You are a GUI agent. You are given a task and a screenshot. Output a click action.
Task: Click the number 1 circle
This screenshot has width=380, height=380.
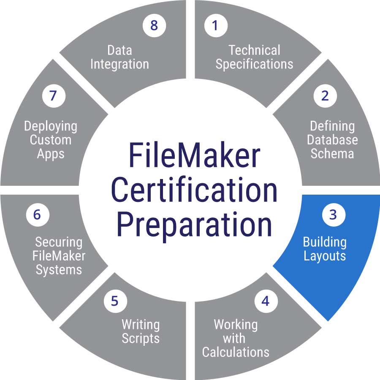[215, 25]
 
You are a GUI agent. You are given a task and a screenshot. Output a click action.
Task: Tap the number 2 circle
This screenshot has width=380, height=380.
[325, 96]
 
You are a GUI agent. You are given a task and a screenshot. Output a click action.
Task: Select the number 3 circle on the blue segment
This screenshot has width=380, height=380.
[333, 214]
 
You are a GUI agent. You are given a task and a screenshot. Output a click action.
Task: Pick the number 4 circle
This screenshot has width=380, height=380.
[265, 301]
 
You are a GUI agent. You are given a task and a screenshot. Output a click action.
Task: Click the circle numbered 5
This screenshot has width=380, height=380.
[114, 301]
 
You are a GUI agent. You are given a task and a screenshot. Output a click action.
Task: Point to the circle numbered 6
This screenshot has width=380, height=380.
[37, 214]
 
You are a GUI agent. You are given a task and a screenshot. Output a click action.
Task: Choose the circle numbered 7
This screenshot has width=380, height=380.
[53, 96]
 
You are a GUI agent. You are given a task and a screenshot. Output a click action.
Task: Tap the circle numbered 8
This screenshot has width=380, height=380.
[154, 25]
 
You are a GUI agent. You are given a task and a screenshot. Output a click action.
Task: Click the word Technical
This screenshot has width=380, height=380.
[254, 50]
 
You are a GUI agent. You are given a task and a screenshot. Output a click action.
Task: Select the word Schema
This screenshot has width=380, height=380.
[332, 153]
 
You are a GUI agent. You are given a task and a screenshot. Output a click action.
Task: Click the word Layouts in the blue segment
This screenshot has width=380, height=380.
[325, 256]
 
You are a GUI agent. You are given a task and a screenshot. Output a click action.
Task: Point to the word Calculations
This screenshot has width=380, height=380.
[236, 352]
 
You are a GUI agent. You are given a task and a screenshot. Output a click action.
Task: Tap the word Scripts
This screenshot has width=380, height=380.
[141, 338]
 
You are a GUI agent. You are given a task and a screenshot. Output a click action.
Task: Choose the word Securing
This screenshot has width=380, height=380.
[59, 242]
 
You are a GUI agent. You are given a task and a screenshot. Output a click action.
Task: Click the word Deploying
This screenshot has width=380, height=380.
[51, 126]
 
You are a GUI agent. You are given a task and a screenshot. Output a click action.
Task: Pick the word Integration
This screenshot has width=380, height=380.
[119, 64]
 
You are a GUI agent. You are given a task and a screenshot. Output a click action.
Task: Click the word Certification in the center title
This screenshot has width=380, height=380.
[194, 190]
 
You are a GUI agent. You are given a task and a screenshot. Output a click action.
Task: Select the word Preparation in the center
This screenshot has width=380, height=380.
[194, 225]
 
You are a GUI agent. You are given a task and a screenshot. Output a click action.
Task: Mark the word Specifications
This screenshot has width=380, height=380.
[254, 64]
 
